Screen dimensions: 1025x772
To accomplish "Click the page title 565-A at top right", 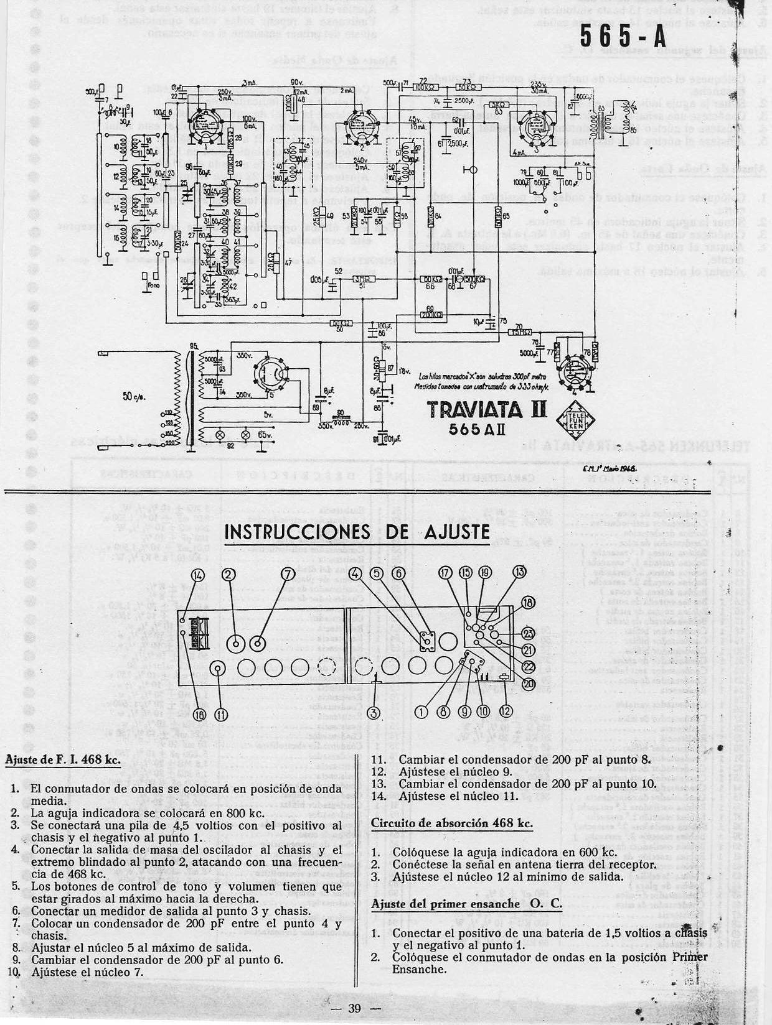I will (x=623, y=37).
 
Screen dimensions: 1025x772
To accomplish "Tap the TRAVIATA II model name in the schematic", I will (x=486, y=409).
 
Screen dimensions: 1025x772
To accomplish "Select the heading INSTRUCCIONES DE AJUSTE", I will (x=356, y=532).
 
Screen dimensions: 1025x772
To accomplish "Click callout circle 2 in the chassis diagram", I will (x=228, y=574).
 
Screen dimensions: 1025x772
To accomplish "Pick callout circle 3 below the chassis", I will (x=373, y=712).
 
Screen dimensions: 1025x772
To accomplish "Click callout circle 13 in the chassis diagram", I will (x=519, y=573).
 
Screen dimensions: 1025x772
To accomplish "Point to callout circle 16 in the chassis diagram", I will (x=199, y=715).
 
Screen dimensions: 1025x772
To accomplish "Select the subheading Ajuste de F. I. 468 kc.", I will (x=62, y=760).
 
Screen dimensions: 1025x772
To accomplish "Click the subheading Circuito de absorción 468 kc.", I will (x=452, y=822).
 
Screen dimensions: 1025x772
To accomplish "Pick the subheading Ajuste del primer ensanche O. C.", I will (x=466, y=904).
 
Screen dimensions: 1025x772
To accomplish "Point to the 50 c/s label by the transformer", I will (x=134, y=396).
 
